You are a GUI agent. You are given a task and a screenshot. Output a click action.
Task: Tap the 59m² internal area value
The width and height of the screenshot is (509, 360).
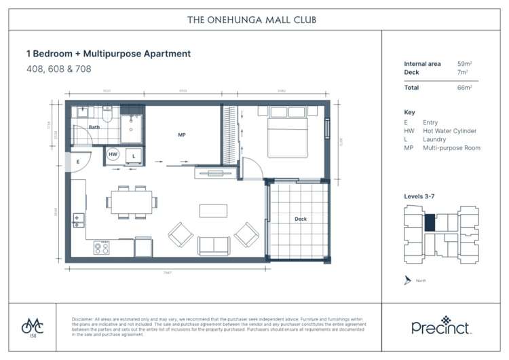(466, 64)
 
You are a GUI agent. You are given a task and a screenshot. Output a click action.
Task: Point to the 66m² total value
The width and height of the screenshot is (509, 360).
(466, 88)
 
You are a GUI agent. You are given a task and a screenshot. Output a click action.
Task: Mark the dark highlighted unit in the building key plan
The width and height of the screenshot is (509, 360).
(430, 223)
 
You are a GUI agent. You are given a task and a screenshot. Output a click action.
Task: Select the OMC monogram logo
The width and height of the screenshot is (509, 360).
(31, 325)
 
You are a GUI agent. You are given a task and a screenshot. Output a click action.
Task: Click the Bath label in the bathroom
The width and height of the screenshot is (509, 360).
(94, 127)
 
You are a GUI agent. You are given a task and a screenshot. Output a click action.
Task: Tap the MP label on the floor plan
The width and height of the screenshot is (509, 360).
(182, 135)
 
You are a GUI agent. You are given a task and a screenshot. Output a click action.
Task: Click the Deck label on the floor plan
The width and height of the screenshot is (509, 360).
(301, 219)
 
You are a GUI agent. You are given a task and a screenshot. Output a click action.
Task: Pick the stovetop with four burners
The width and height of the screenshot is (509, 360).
(102, 247)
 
